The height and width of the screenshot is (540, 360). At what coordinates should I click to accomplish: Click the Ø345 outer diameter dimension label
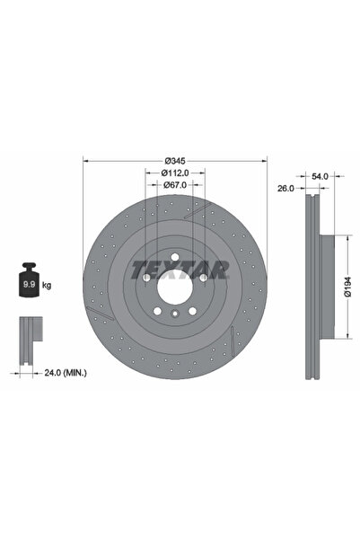point(175,161)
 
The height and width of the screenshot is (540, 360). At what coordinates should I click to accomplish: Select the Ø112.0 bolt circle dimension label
point(175,173)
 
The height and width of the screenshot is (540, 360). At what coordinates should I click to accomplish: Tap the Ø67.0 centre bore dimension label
point(175,185)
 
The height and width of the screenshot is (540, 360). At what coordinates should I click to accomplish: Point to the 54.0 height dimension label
point(320,176)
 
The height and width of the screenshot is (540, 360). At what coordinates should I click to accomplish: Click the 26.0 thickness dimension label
point(286,189)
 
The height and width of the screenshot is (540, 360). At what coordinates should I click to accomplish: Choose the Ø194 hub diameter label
point(348,287)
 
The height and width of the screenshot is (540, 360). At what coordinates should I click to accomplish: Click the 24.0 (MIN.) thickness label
point(66,373)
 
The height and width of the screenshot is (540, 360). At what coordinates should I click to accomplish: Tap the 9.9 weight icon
point(29,279)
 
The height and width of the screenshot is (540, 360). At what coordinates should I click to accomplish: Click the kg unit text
point(47,286)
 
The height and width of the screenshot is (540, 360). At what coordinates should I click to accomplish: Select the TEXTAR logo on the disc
point(180,270)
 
